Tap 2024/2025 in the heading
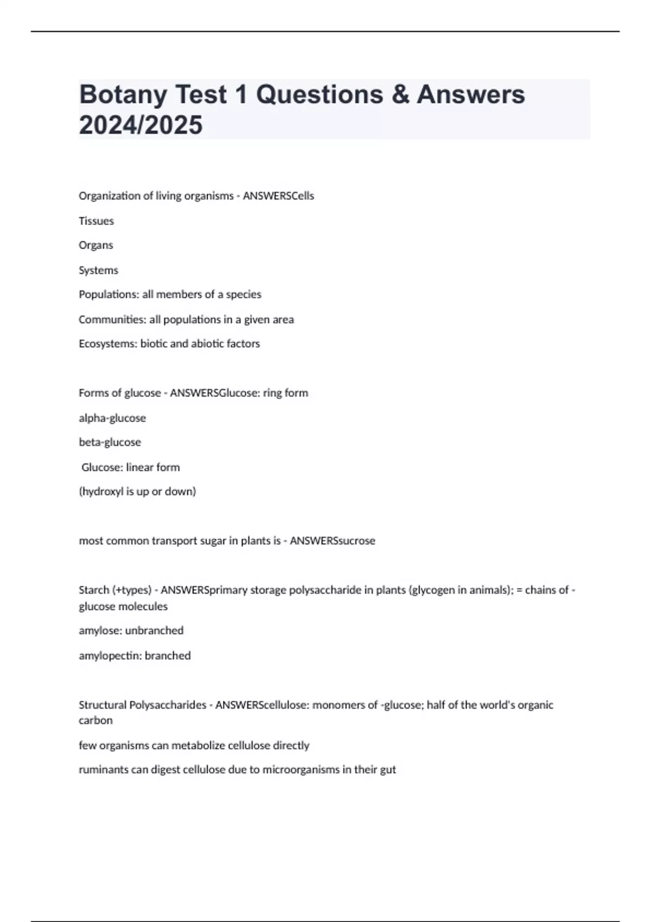141,125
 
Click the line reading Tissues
96,221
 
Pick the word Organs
96,245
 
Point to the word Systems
98,270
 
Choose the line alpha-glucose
112,418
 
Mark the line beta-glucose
110,443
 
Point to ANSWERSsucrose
333,541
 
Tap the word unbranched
154,631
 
